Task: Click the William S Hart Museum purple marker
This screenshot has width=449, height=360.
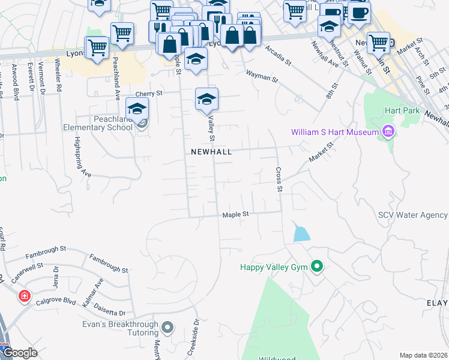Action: click(x=388, y=132)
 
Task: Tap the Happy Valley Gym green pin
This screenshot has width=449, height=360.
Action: click(x=317, y=267)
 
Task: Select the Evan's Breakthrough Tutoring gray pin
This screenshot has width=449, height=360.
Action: click(x=167, y=328)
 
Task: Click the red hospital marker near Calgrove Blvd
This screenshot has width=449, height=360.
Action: click(x=24, y=296)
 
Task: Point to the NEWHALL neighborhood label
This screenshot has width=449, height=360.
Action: click(x=211, y=152)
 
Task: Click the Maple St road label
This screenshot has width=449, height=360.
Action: click(x=235, y=214)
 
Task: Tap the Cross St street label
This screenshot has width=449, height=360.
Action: click(x=279, y=179)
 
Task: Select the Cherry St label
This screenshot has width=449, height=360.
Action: click(x=149, y=94)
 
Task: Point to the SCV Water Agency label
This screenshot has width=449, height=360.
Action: click(x=413, y=215)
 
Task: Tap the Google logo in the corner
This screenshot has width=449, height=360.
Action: click(x=19, y=352)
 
